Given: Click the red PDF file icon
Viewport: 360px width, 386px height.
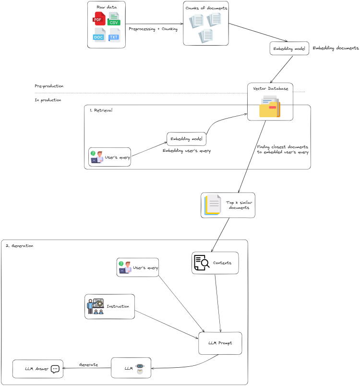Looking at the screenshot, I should coord(99,19).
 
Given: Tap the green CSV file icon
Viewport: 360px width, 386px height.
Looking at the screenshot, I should coord(114,19).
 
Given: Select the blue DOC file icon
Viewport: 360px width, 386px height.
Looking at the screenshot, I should coord(99,35).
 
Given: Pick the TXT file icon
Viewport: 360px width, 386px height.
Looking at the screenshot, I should coord(114,35).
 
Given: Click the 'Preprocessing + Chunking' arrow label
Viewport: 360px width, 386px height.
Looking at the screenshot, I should coord(153,29).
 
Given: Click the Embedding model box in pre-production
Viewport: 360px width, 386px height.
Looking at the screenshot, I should coord(289,48).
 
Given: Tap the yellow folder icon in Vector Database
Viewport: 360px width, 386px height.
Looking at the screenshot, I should coord(269,107).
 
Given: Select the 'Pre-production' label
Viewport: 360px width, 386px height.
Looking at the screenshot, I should coord(49,86).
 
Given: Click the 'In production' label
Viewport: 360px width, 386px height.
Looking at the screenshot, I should coord(48,100).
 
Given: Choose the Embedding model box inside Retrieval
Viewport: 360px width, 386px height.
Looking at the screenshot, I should coord(186,139).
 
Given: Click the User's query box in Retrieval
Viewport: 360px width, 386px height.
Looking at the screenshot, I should coord(109,157).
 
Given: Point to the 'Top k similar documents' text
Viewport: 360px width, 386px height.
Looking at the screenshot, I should coord(238,205).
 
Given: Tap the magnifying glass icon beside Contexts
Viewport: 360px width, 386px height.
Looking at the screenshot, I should coord(202,263).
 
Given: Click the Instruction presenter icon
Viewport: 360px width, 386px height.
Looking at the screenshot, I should coord(95,306).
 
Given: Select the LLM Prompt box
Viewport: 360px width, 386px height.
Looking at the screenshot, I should coord(220,343).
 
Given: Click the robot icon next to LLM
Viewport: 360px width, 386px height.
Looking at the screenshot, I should coord(139,367).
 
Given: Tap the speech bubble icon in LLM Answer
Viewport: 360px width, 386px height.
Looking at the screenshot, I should coord(55,369).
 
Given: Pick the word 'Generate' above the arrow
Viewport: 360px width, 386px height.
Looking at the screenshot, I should coord(88,364).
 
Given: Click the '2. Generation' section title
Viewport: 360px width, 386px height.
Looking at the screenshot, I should coord(19,245).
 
